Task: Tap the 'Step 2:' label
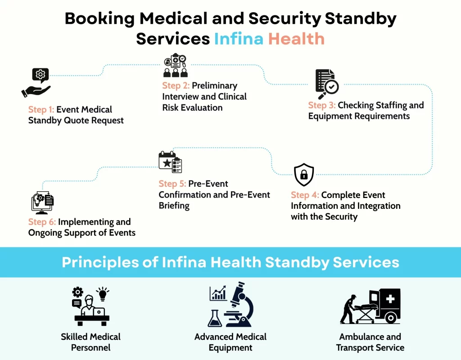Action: pos(176,85)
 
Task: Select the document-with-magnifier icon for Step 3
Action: pos(326,84)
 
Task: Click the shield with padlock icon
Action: pos(304,175)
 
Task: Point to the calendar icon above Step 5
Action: pos(170,162)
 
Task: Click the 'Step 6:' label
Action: pos(42,222)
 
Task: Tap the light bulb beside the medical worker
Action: pos(103,294)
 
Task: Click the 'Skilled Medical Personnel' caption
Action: pos(91,342)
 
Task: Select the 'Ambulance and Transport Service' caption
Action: pos(370,342)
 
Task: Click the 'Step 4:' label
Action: pos(305,195)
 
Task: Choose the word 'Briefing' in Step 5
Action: pos(174,206)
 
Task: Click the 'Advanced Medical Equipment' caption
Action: pos(230,342)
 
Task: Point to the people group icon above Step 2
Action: pos(175,66)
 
